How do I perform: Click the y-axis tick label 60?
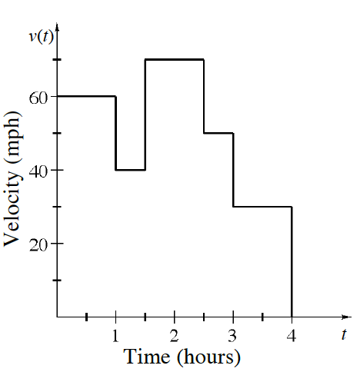(x=39, y=97)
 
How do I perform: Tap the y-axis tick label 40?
(x=39, y=170)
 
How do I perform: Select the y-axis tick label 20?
(x=39, y=244)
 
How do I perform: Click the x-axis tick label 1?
(x=115, y=335)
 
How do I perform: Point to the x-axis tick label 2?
(x=175, y=335)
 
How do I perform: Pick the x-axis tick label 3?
(x=233, y=335)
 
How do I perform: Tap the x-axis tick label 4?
(x=292, y=335)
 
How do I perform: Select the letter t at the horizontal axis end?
(x=344, y=334)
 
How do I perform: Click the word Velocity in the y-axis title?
(x=12, y=203)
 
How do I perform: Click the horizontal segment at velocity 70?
(x=175, y=59)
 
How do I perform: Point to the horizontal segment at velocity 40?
(x=130, y=170)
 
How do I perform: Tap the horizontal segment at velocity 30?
(x=262, y=207)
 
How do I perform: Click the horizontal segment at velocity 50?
(x=218, y=133)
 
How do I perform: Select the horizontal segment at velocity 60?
(x=86, y=96)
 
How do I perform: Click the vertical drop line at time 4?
(x=292, y=261)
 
